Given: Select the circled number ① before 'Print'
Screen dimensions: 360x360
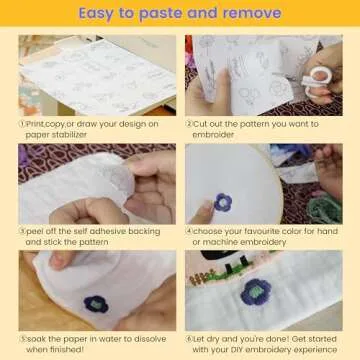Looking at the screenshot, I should coord(23,124).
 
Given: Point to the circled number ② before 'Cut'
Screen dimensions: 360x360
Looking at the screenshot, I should coord(190,124).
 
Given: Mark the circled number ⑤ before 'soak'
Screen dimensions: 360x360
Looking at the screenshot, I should coord(23,339).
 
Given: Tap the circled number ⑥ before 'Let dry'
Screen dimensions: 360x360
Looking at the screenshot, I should coord(190,339).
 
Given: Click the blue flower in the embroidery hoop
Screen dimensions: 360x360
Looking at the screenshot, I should coord(222,200).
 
